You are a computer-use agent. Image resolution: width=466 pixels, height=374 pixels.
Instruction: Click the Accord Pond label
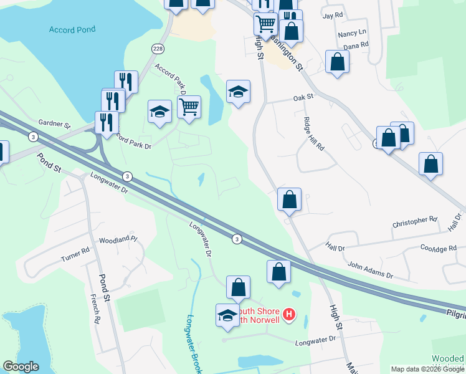coord(72,30)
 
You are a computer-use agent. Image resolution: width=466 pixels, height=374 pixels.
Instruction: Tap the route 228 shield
coord(157,49)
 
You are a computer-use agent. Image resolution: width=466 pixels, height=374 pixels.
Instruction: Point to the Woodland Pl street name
coord(117,239)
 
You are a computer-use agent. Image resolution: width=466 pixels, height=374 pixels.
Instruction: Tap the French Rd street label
coord(95,309)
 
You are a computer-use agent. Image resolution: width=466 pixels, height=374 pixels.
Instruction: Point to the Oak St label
coord(303,98)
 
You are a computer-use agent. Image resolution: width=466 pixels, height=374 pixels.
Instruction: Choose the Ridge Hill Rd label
coord(313,134)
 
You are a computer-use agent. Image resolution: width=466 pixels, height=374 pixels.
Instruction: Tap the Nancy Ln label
coord(351,33)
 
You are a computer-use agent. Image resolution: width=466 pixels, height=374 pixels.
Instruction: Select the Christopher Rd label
coord(415,221)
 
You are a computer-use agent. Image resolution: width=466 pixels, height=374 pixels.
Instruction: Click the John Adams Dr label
coord(370,271)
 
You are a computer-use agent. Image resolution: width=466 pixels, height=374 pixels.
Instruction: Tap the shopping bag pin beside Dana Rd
coord(337,62)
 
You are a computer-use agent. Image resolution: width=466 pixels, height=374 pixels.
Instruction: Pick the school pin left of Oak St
coord(238,92)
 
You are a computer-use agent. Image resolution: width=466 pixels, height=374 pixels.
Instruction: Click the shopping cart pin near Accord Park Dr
coord(189,107)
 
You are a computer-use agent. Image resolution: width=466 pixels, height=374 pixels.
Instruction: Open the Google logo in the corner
coord(21,367)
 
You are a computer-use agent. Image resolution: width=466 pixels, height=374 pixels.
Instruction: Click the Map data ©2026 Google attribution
coord(427,369)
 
